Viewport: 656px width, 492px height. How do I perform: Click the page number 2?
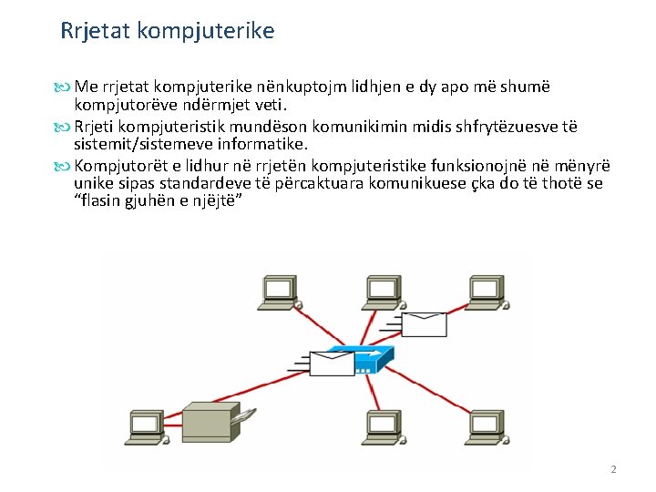[x=613, y=469]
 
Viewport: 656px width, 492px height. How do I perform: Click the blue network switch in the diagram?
[x=362, y=357]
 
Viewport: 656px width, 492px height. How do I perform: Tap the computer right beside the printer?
[x=147, y=425]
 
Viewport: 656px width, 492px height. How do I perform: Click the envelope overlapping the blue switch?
[x=331, y=363]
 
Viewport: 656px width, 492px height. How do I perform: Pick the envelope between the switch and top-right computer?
[x=425, y=323]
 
